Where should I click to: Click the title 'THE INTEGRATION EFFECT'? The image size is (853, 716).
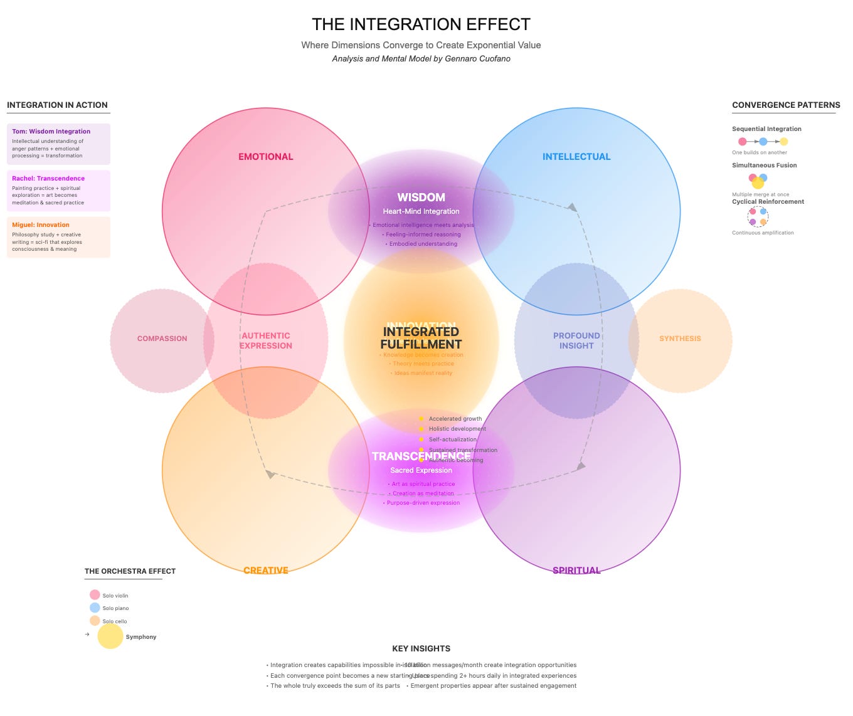pyautogui.click(x=421, y=24)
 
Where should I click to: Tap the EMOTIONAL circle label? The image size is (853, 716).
pyautogui.click(x=265, y=157)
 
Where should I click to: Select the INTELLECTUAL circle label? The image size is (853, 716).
pyautogui.click(x=576, y=157)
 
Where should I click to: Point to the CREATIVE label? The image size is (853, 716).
pyautogui.click(x=265, y=570)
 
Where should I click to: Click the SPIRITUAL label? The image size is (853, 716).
pyautogui.click(x=576, y=570)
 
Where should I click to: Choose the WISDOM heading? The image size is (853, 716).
pyautogui.click(x=421, y=197)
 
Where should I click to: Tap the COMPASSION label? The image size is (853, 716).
pyautogui.click(x=162, y=339)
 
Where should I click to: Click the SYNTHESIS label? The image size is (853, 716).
pyautogui.click(x=680, y=339)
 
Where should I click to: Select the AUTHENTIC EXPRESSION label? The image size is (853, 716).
pyautogui.click(x=266, y=340)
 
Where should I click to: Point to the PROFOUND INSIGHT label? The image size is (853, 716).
pyautogui.click(x=576, y=340)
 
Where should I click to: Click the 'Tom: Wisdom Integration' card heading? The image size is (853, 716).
pyautogui.click(x=51, y=132)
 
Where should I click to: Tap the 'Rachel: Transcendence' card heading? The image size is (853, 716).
pyautogui.click(x=48, y=179)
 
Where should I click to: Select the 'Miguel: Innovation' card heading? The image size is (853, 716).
pyautogui.click(x=41, y=225)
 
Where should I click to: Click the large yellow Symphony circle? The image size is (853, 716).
pyautogui.click(x=110, y=636)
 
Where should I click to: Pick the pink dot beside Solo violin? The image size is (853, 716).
pyautogui.click(x=95, y=595)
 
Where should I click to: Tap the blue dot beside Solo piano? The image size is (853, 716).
pyautogui.click(x=95, y=608)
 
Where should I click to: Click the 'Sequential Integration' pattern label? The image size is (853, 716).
pyautogui.click(x=766, y=129)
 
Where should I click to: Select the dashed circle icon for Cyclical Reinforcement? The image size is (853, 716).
pyautogui.click(x=758, y=217)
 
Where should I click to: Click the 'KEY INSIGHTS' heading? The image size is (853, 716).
pyautogui.click(x=421, y=649)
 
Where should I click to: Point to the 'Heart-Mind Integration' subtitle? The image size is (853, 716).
pyautogui.click(x=421, y=212)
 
